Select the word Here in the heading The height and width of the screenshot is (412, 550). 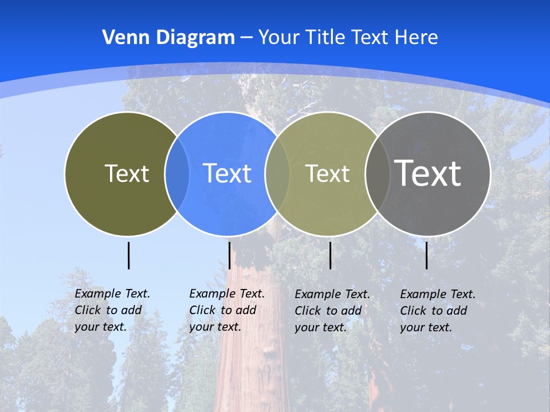point(417,38)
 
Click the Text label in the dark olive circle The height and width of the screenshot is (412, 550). point(127,173)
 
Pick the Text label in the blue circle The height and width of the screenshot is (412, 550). point(227,173)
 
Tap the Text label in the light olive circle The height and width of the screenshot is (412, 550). point(327,173)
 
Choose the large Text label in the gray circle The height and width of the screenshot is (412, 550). point(427,173)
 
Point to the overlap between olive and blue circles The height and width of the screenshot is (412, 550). point(177,173)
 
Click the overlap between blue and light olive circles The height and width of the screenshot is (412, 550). point(277,173)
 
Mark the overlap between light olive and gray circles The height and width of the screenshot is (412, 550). point(377,173)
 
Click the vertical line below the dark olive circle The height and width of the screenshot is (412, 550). point(128,255)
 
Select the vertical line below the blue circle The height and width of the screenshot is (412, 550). point(229,255)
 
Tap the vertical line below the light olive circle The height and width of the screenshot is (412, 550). point(330,255)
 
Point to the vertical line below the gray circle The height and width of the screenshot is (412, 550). point(427,255)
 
